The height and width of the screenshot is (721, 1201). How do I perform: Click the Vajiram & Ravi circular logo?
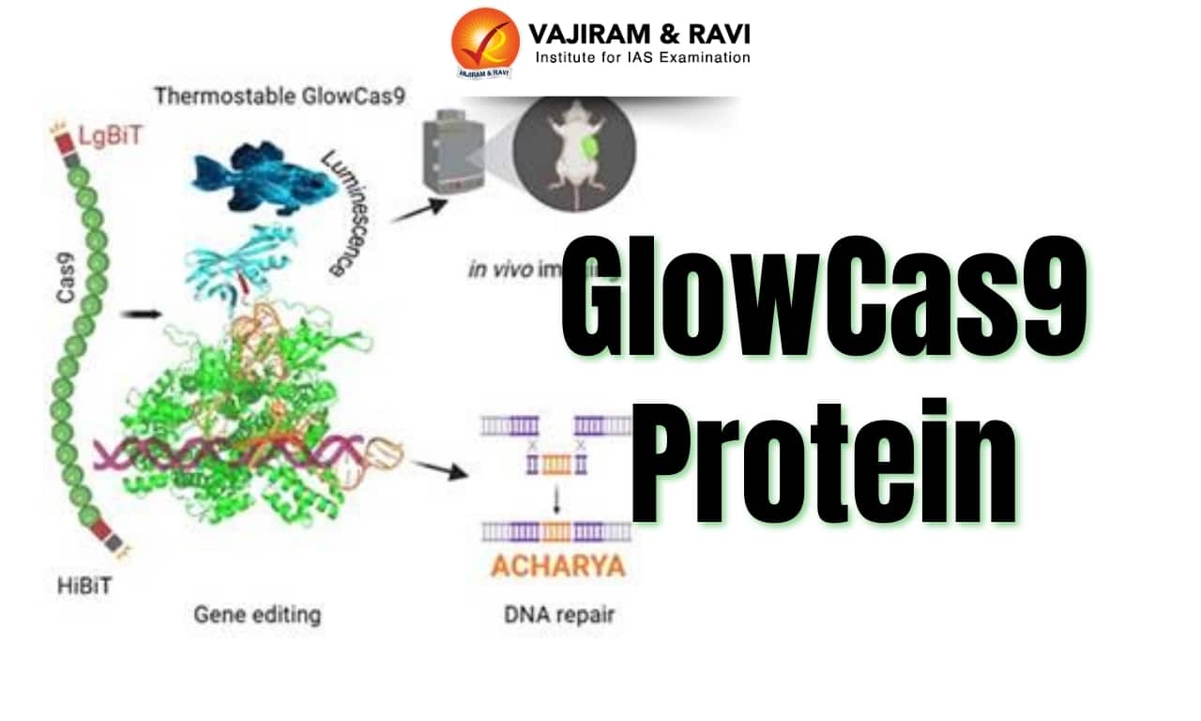pos(484,42)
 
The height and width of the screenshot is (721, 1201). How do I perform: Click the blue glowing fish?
pos(265,178)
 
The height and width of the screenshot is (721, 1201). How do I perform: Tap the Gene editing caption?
pos(257,615)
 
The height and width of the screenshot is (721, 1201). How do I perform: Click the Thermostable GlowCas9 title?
pos(280,96)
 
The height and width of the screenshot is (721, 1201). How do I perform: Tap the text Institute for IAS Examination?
pos(642,58)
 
